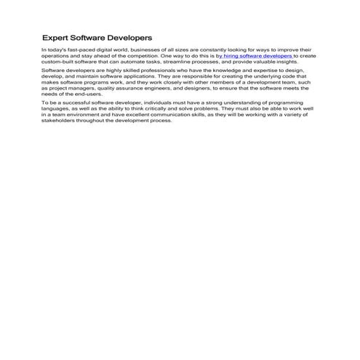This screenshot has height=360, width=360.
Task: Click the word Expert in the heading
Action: coord(55,36)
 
